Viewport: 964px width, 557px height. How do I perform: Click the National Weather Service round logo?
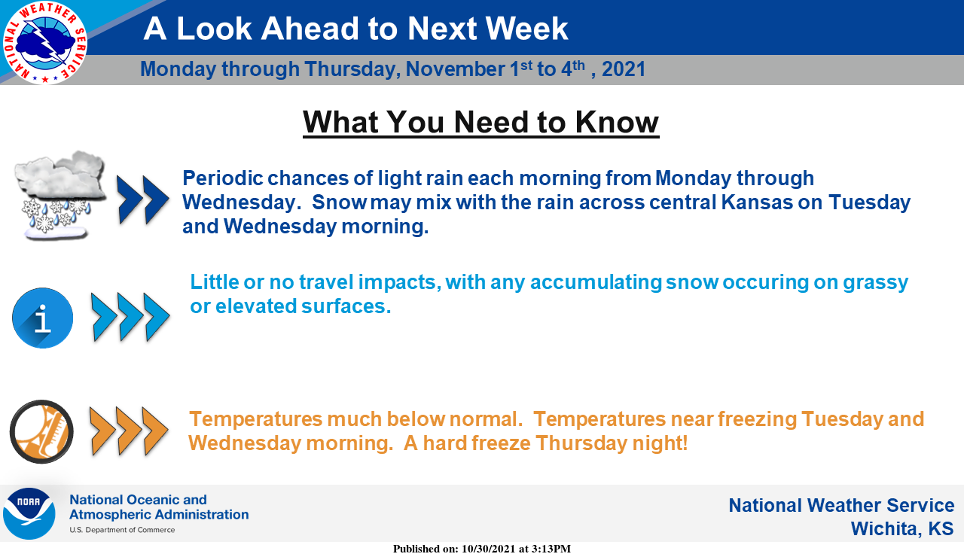click(44, 42)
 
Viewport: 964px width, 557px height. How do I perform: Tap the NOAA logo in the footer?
click(29, 513)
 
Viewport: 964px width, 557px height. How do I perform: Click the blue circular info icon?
click(43, 318)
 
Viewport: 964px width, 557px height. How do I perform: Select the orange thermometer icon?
click(41, 431)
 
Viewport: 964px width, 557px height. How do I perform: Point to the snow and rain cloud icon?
click(59, 195)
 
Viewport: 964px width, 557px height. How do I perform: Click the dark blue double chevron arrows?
click(143, 199)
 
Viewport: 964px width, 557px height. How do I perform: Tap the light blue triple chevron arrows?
click(130, 318)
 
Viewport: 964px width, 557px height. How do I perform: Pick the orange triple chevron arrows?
click(129, 431)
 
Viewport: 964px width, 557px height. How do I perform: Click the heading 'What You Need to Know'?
click(480, 123)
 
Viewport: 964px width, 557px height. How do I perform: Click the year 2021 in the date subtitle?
click(624, 69)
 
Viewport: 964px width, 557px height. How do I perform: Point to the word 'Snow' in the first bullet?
click(339, 202)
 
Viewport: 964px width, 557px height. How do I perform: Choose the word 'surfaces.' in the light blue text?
click(346, 306)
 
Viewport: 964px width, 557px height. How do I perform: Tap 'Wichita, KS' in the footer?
click(902, 528)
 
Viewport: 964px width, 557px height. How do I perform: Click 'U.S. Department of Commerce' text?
click(122, 530)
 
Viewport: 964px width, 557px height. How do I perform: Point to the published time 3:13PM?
click(551, 549)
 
